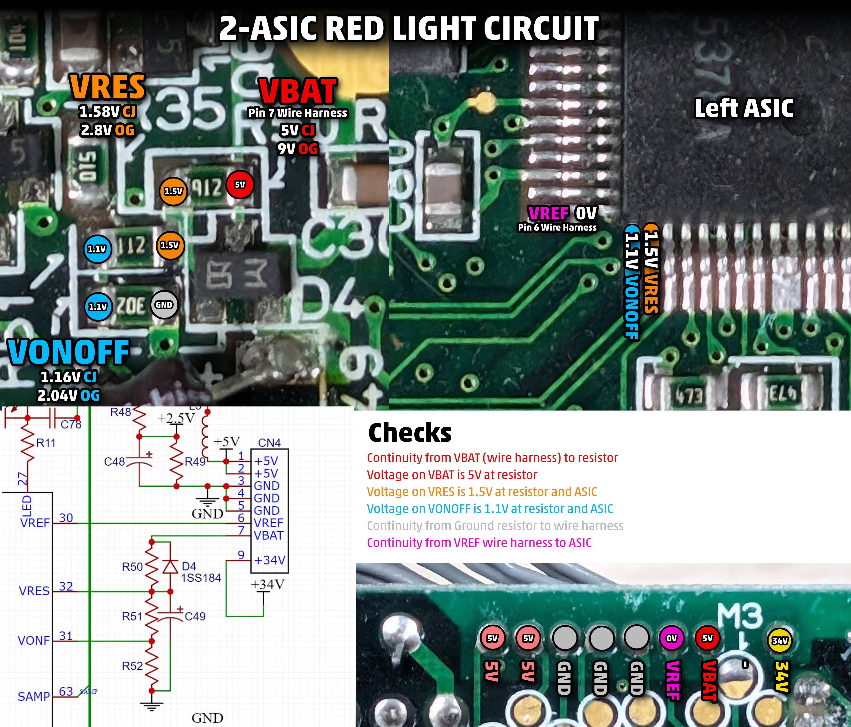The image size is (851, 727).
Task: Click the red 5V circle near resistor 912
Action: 240,185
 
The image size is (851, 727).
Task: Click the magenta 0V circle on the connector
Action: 671,638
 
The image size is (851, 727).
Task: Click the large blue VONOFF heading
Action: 68,352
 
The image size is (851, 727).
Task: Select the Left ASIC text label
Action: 744,108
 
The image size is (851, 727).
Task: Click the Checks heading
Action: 410,433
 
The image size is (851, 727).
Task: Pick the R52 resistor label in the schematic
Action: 132,666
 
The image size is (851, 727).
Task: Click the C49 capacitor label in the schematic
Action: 195,616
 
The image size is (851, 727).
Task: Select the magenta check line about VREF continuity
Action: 479,543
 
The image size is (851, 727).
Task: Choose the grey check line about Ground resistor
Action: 495,526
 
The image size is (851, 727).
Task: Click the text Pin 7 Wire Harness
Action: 298,113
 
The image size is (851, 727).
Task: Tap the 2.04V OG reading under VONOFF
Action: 68,396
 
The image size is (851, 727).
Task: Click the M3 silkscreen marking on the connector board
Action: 740,615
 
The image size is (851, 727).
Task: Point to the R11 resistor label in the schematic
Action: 46,443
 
